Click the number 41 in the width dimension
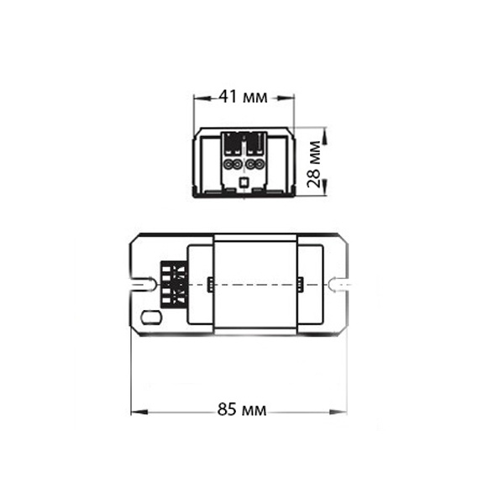tap(228, 96)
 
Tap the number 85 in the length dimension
tap(227, 410)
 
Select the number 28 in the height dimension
tap(313, 178)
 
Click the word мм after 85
tap(255, 411)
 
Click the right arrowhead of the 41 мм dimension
tap(286, 98)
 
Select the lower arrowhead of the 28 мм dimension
tap(324, 186)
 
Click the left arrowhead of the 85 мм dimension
tap(139, 412)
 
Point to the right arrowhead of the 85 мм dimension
tap(339, 412)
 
